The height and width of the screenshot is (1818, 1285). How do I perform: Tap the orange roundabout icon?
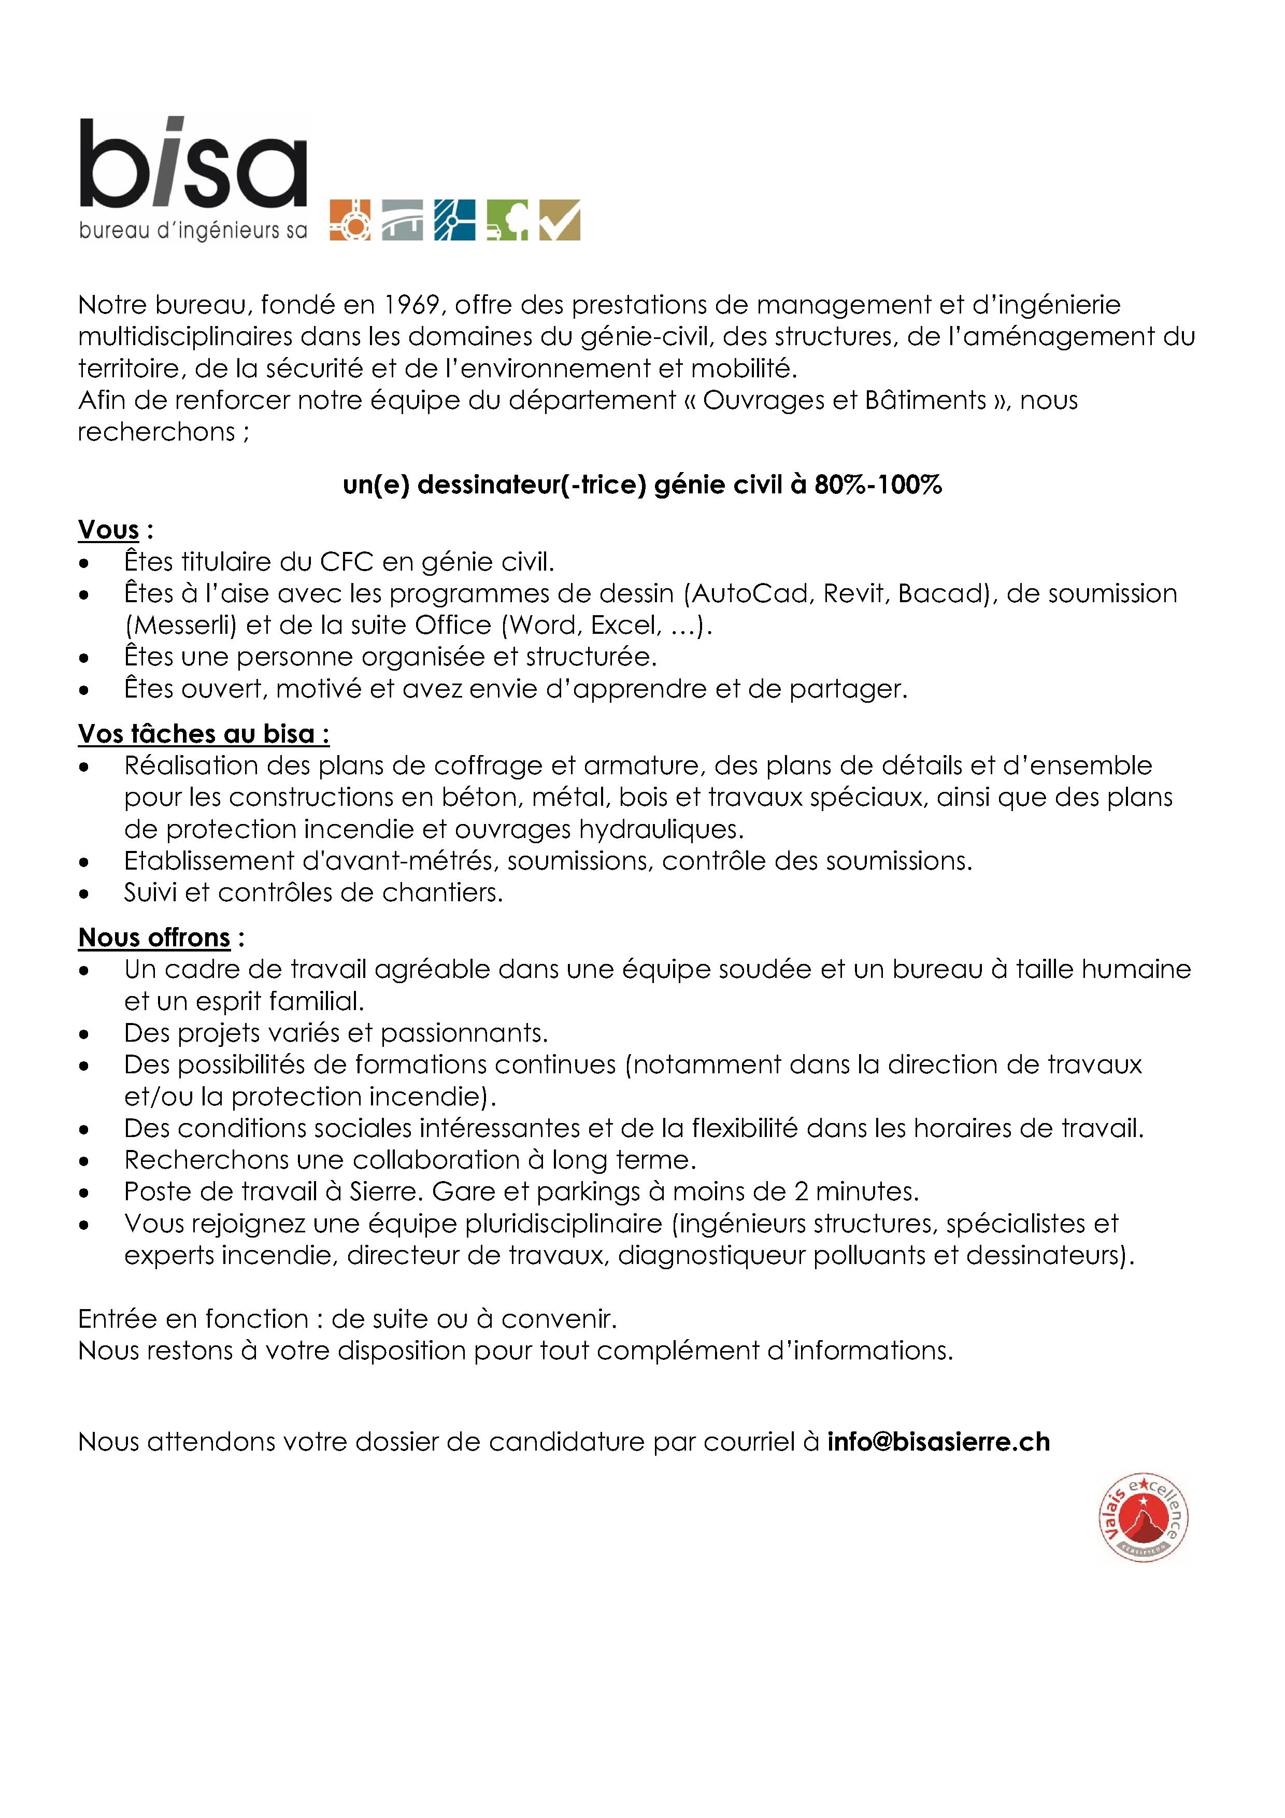349,220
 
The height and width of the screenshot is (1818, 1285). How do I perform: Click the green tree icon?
507,220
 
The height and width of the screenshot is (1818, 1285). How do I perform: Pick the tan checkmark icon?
560,220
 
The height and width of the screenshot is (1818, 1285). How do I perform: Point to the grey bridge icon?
402,220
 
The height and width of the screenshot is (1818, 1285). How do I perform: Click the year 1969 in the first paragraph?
412,305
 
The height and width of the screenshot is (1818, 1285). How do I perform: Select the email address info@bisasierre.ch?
938,1442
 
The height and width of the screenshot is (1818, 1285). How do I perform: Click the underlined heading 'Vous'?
108,530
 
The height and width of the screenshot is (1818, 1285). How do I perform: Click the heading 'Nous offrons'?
154,938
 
